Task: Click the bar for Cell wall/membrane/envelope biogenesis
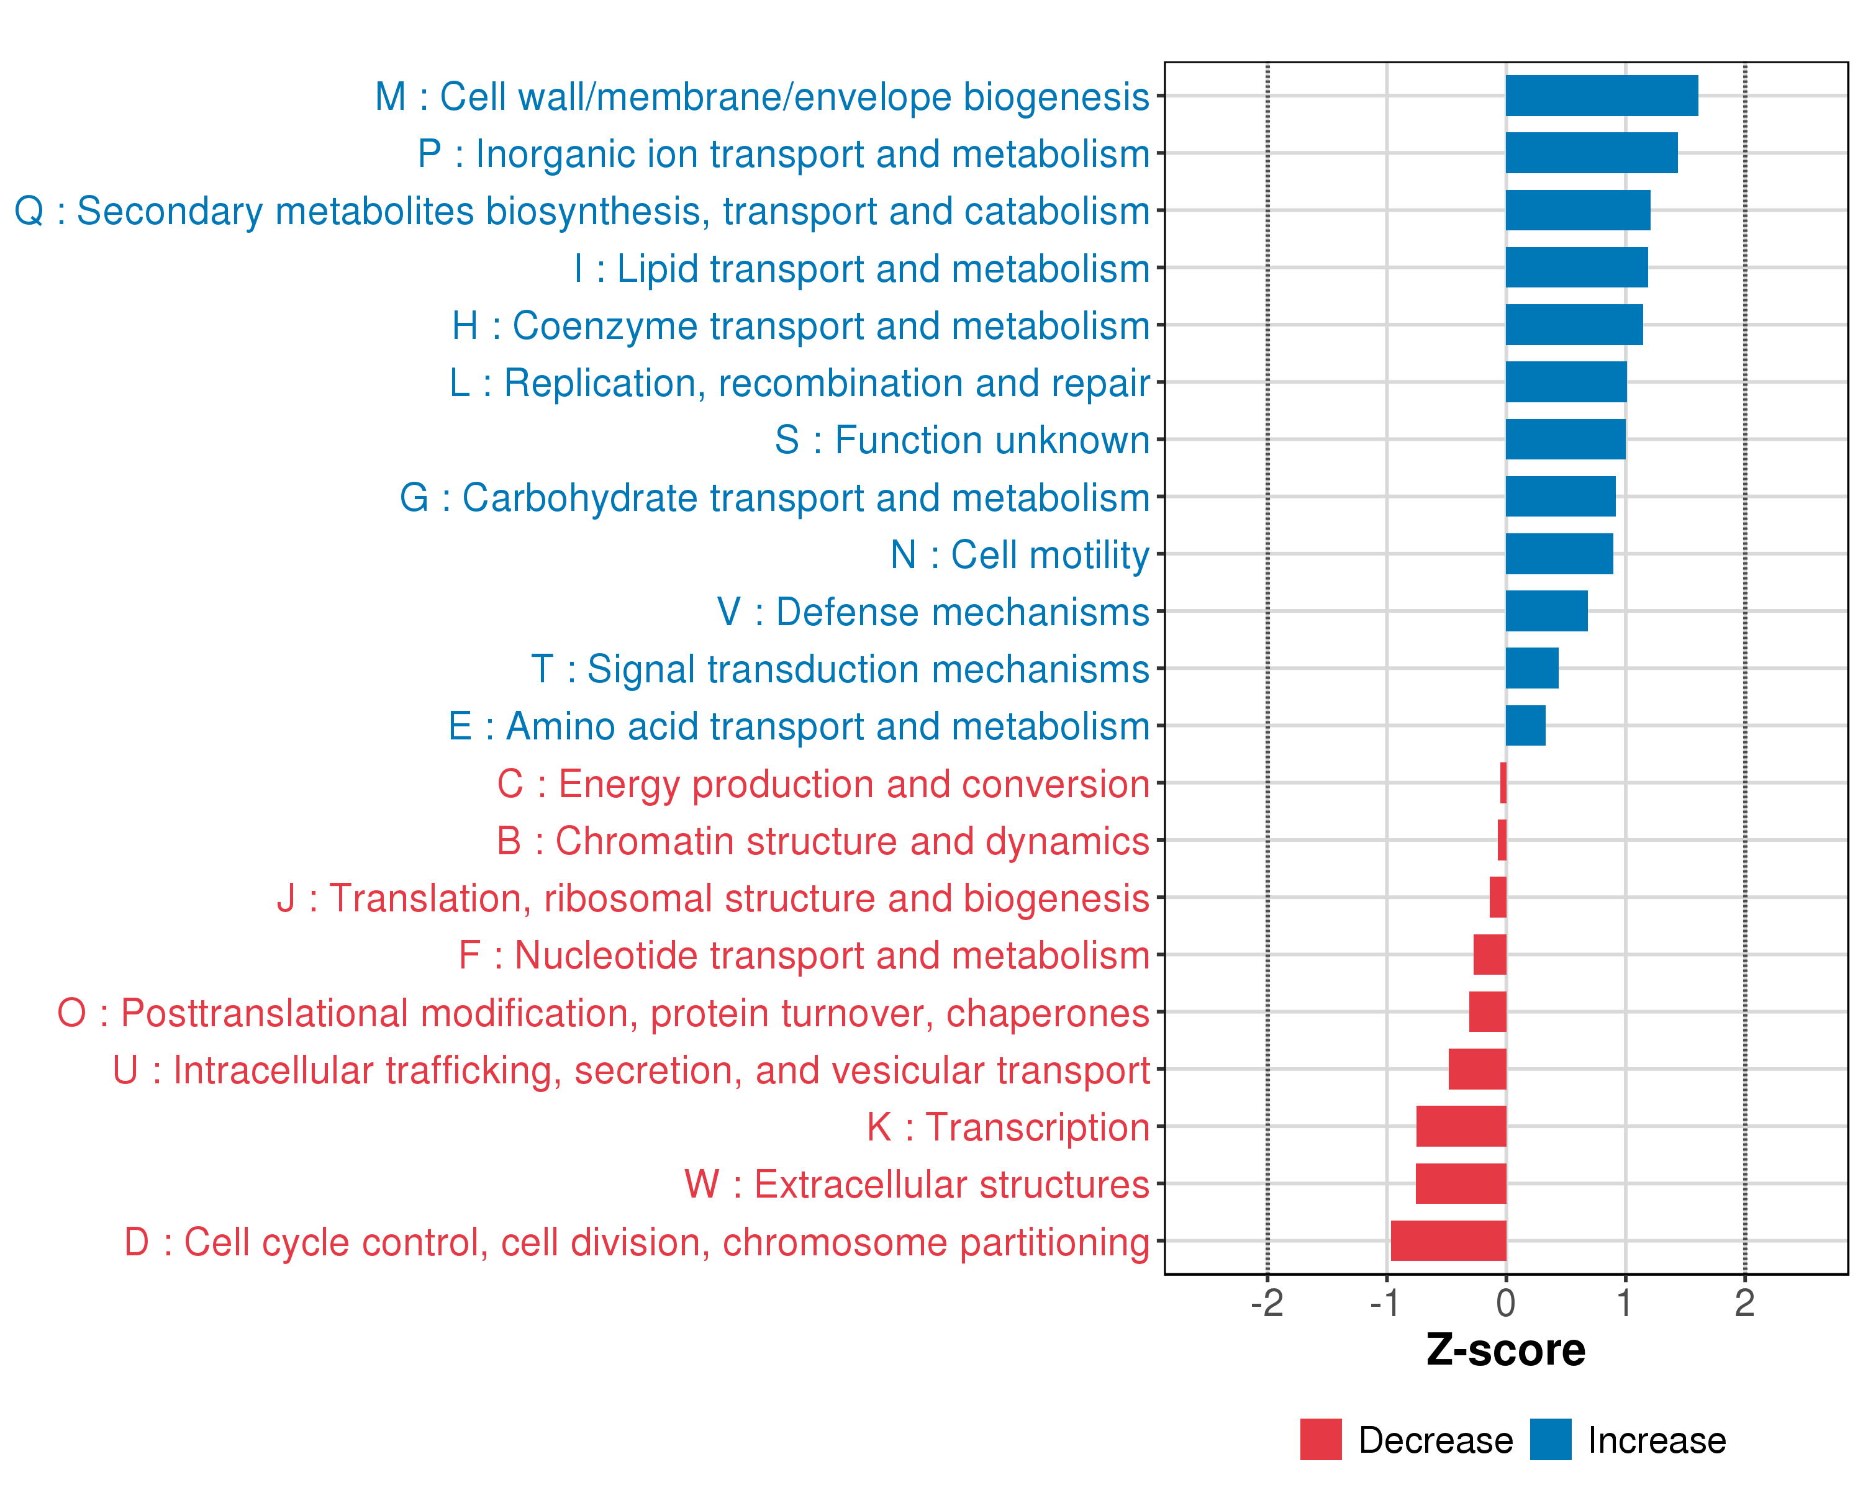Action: (x=1601, y=96)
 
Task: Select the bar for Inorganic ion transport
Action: (x=1591, y=153)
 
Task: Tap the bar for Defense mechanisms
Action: (x=1546, y=611)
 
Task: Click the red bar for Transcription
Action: (x=1461, y=1126)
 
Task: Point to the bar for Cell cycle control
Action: (x=1448, y=1241)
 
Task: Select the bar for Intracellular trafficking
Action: (x=1477, y=1069)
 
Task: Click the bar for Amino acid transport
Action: (x=1525, y=726)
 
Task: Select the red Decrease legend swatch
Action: (x=1320, y=1439)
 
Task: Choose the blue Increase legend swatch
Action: (x=1550, y=1439)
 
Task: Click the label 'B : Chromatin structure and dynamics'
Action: (x=823, y=841)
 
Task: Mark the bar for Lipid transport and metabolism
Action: (x=1576, y=268)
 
